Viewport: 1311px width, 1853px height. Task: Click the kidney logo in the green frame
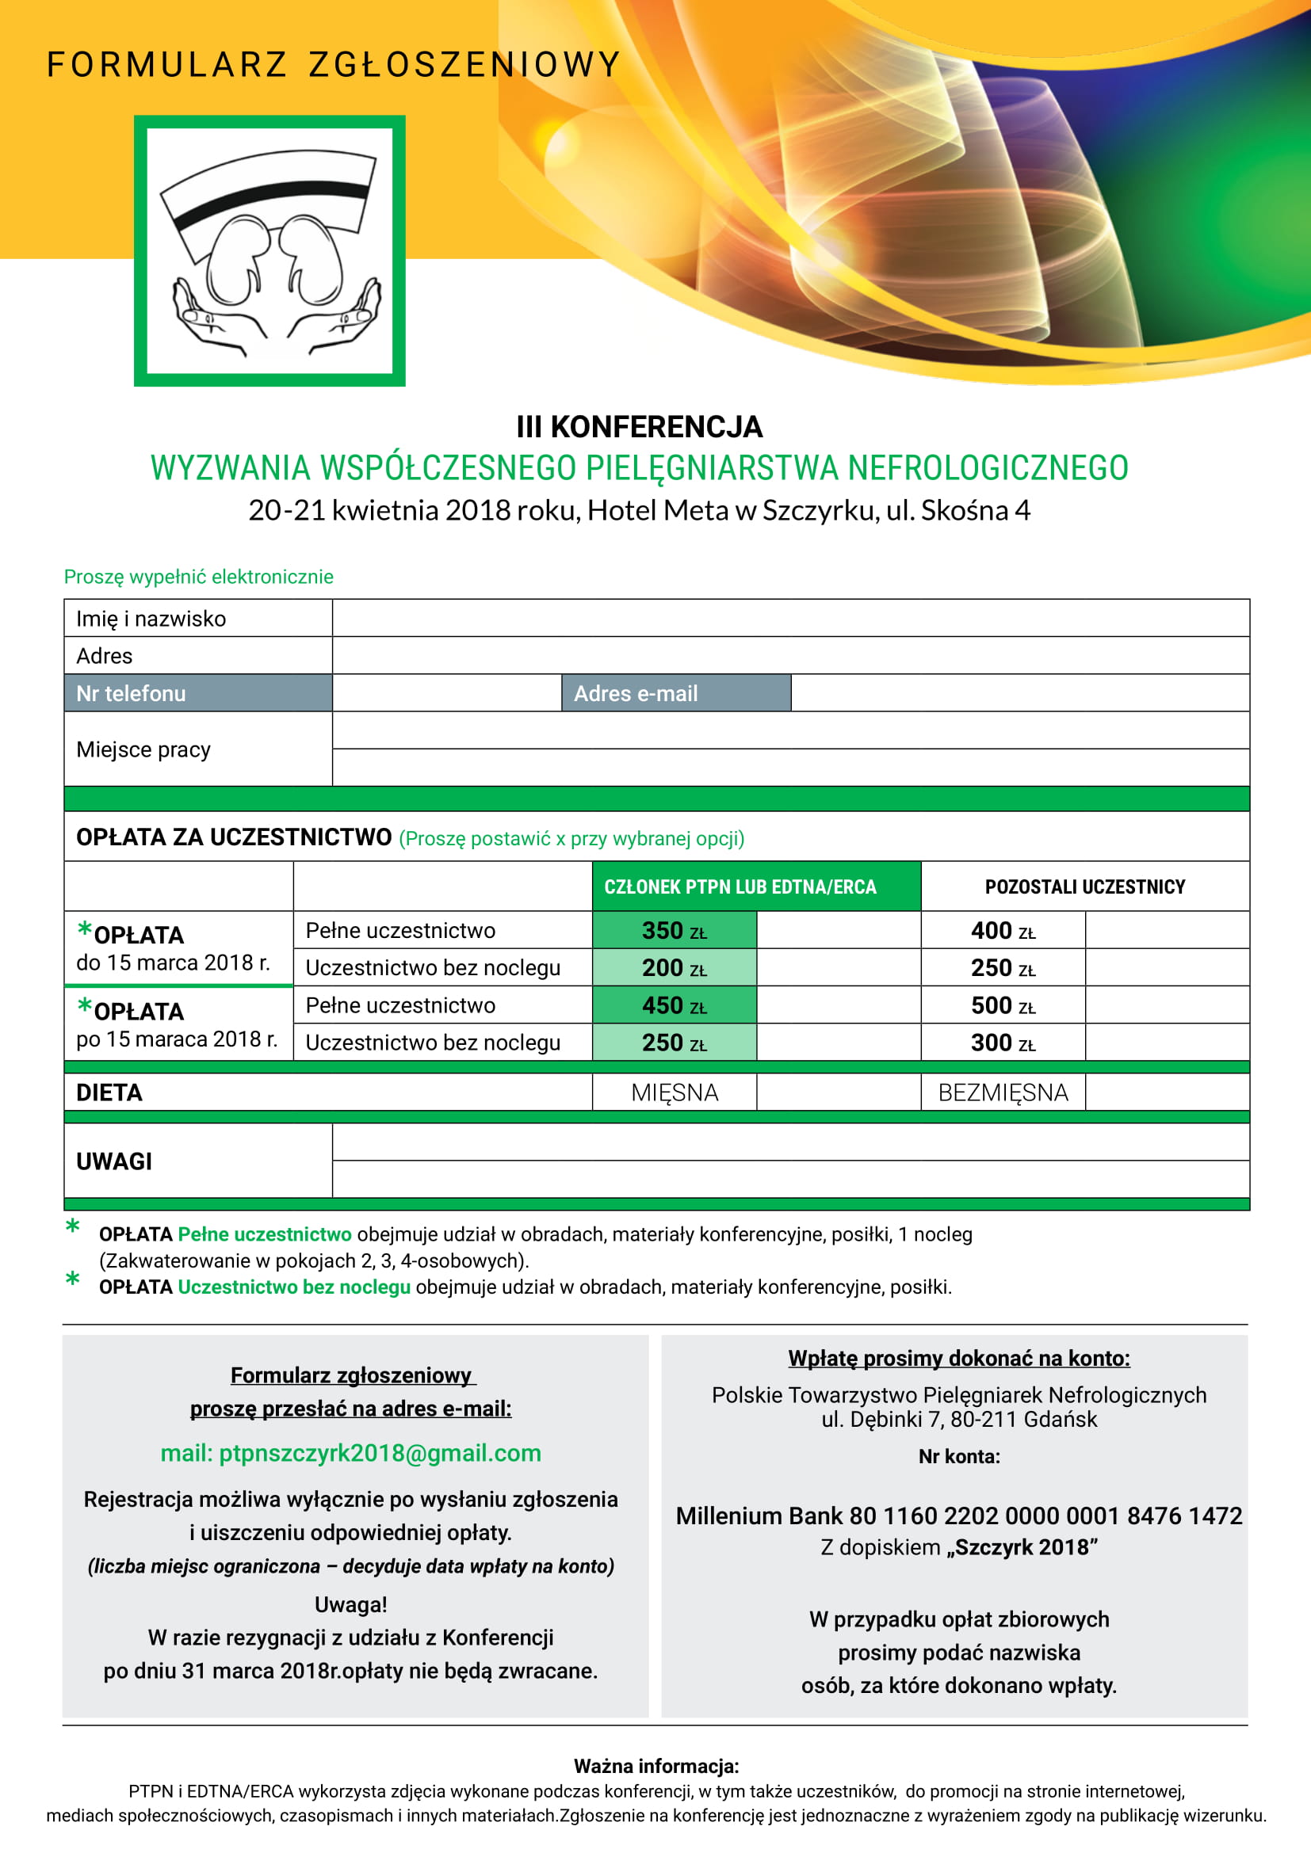point(269,251)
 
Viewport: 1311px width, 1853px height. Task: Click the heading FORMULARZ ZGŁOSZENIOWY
point(334,64)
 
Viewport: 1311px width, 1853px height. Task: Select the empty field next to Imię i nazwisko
point(790,618)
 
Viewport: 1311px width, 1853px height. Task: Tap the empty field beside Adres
point(790,655)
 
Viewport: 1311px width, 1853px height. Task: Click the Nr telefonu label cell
point(198,693)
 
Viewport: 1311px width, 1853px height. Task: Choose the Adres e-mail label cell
point(675,693)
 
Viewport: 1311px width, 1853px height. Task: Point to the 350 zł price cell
point(674,931)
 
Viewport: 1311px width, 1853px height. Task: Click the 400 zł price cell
point(1003,931)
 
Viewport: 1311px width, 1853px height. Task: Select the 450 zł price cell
point(674,1005)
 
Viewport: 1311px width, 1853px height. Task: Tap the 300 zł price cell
point(1003,1043)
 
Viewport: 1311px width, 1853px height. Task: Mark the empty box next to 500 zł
point(1167,1005)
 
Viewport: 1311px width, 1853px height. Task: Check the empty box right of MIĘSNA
point(838,1092)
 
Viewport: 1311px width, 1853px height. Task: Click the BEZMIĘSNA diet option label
point(1003,1092)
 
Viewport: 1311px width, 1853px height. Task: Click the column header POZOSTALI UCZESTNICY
point(1084,887)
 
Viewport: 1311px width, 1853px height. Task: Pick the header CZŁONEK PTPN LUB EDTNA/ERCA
point(740,887)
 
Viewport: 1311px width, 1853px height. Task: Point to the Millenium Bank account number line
point(958,1516)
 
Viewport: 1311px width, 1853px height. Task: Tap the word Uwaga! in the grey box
point(350,1604)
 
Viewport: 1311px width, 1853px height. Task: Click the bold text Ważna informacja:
point(655,1766)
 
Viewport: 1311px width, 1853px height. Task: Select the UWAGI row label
point(114,1161)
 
